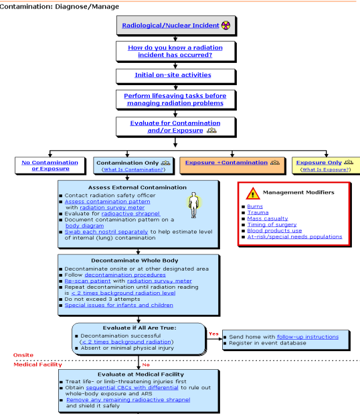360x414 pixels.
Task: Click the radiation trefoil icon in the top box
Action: [226, 25]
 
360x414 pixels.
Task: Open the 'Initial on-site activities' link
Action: [173, 75]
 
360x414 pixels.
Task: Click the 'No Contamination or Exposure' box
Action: [50, 165]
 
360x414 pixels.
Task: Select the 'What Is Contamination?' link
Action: [133, 169]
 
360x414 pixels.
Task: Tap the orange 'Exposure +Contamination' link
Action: [226, 163]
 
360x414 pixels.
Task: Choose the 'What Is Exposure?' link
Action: [326, 169]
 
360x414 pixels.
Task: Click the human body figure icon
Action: [194, 205]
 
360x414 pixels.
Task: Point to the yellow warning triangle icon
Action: [253, 194]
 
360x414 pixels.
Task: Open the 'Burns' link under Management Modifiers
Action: [255, 206]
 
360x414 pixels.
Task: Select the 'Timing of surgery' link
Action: [272, 224]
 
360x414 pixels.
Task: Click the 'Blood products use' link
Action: [274, 230]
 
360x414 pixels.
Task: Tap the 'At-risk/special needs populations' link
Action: [294, 237]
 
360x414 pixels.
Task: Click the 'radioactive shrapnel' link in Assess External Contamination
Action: [130, 214]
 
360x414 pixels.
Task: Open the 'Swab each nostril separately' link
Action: [106, 232]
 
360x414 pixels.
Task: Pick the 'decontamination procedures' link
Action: [125, 275]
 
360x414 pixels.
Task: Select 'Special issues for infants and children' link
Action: [119, 305]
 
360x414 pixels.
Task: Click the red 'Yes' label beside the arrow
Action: [213, 334]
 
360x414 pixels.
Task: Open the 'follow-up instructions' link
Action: [308, 337]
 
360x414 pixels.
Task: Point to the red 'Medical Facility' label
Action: [37, 364]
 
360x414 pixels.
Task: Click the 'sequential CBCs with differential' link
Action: [132, 388]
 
